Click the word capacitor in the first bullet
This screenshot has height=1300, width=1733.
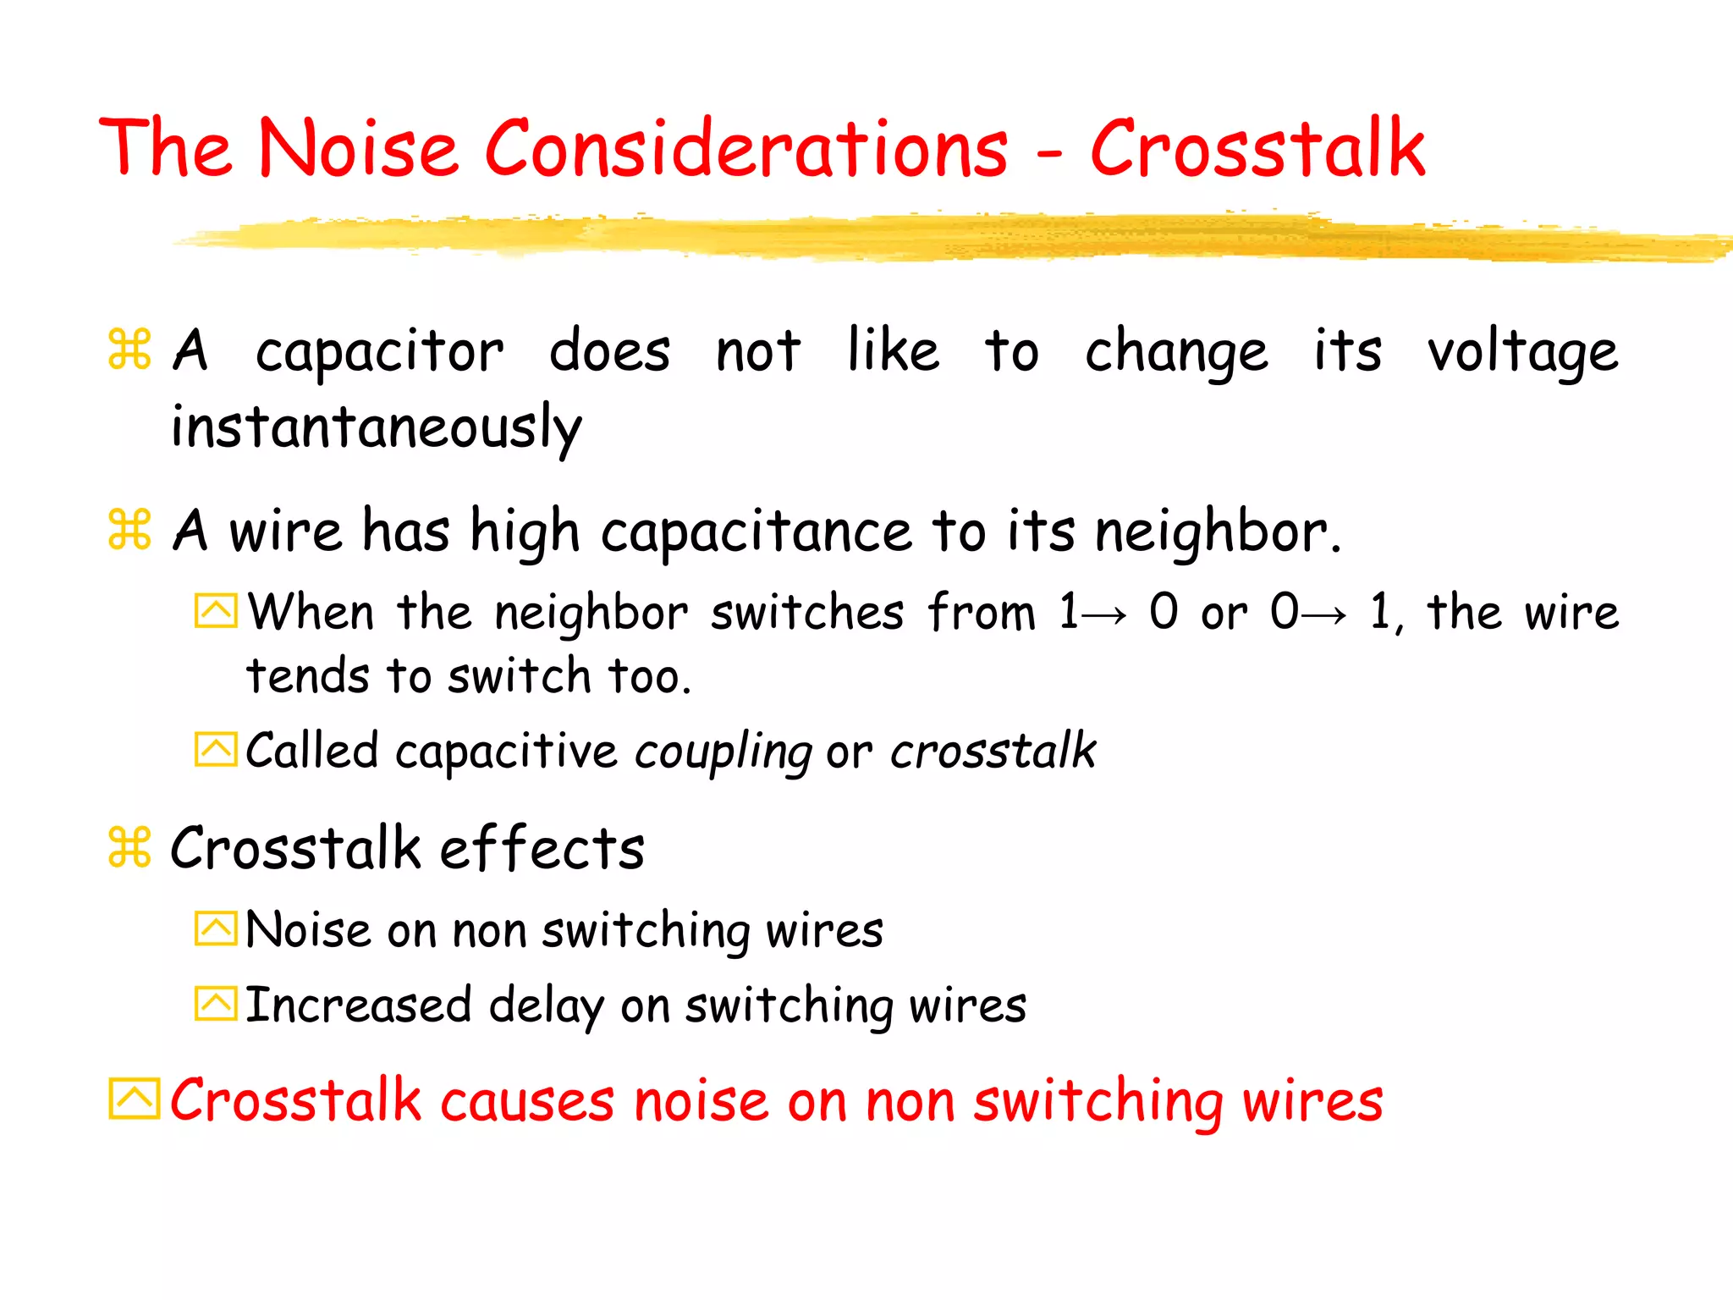(379, 351)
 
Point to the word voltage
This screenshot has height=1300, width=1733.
(1522, 351)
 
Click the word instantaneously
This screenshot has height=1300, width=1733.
(377, 427)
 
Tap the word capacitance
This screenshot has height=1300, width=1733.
(756, 532)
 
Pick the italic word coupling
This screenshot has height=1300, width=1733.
(723, 752)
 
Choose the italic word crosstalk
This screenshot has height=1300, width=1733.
(993, 751)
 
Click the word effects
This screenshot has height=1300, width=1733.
(542, 848)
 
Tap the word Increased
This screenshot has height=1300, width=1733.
(358, 1005)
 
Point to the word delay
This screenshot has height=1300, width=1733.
(546, 1005)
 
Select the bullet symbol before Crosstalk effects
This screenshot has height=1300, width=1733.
(129, 847)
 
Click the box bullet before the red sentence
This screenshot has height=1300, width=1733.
(134, 1099)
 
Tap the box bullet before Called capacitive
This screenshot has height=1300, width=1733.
(216, 750)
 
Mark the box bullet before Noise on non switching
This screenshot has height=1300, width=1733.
(216, 929)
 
